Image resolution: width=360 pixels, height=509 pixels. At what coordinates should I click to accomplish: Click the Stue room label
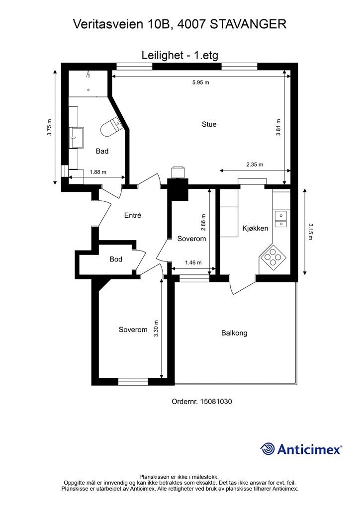(209, 124)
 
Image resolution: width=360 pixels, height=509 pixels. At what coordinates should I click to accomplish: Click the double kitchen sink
(281, 219)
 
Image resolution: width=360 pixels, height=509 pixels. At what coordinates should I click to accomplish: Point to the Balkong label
(234, 333)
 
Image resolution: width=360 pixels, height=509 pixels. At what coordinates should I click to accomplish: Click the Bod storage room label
(116, 259)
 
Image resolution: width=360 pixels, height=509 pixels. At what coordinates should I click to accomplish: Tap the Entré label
(133, 215)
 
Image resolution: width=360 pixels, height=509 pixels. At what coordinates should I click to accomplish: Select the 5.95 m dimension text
(200, 83)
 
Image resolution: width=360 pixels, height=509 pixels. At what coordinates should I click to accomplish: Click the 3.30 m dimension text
(156, 329)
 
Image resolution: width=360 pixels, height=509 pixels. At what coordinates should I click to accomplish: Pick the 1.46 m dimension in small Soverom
(193, 262)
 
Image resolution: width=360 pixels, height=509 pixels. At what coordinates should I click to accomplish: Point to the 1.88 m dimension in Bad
(98, 172)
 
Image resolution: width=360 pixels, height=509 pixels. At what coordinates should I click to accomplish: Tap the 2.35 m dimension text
(255, 165)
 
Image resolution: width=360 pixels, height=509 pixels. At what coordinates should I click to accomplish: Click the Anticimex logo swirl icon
(267, 449)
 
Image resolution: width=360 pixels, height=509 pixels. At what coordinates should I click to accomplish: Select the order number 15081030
(216, 402)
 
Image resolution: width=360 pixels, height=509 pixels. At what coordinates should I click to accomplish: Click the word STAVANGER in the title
(248, 24)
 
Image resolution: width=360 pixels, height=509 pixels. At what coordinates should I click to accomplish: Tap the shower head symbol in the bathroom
(88, 75)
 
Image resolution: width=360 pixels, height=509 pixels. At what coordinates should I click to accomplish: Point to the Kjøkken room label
(255, 228)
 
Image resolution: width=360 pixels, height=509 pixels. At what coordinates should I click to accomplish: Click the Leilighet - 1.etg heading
(180, 55)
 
